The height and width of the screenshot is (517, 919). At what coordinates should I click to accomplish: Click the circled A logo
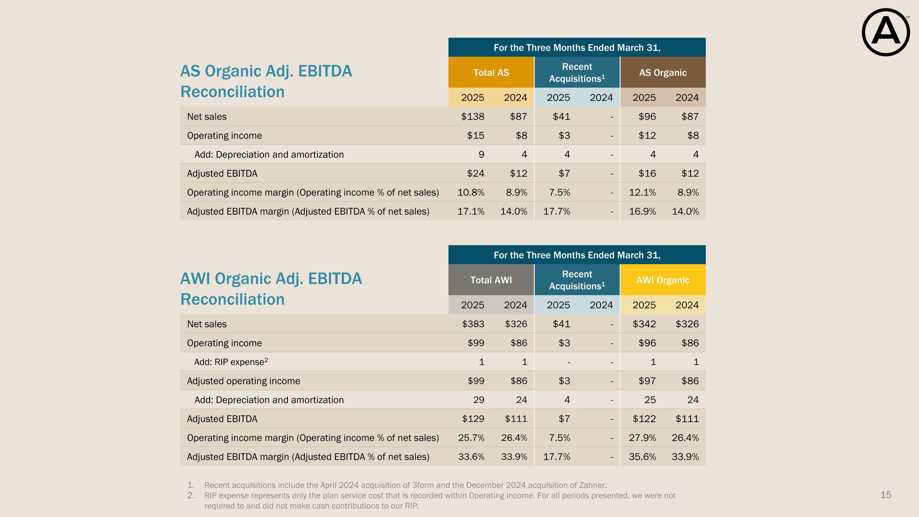[886, 32]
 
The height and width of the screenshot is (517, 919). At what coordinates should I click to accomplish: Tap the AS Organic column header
[663, 72]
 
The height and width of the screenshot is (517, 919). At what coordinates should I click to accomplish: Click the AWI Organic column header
[663, 280]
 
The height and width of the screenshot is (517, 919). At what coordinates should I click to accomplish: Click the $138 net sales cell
[473, 117]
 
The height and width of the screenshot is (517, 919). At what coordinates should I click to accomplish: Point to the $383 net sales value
[473, 324]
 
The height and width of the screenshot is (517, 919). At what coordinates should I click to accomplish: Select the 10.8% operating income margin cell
[471, 193]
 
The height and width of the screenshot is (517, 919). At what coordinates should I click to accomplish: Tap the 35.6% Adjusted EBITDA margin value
[642, 457]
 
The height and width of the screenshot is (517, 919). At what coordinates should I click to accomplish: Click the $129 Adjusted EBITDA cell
[473, 419]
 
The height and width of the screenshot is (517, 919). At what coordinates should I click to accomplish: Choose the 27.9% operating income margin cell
[642, 438]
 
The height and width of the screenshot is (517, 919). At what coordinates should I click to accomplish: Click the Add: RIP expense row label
[231, 362]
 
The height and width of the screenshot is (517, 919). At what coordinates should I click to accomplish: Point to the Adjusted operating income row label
[244, 381]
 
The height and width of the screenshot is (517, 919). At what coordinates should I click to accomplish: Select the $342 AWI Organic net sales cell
[644, 324]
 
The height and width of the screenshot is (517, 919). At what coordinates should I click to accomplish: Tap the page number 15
[886, 495]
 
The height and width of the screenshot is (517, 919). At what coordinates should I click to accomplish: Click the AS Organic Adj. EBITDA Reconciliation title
[266, 81]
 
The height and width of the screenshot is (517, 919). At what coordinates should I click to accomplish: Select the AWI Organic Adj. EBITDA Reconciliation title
[271, 289]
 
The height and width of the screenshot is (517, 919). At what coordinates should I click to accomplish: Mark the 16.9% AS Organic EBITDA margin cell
[642, 211]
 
